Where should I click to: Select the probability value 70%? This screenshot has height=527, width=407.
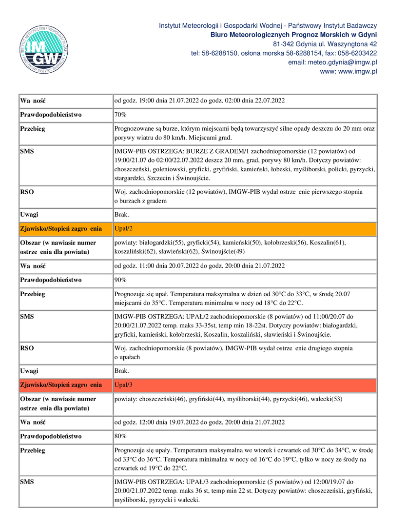pos(120,115)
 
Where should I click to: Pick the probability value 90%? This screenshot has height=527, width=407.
pos(120,280)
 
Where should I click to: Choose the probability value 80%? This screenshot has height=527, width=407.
pos(120,436)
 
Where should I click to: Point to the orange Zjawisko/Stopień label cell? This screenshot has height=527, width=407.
pos(61,229)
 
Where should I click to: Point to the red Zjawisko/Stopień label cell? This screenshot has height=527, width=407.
pos(61,385)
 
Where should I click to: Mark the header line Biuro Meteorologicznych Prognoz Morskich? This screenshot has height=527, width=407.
pos(293,35)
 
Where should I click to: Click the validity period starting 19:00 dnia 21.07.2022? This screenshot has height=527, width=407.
pos(199,101)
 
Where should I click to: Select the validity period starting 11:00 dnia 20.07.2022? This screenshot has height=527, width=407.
pos(199,266)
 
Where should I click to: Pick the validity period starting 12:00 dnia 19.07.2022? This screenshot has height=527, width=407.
pos(199,422)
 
